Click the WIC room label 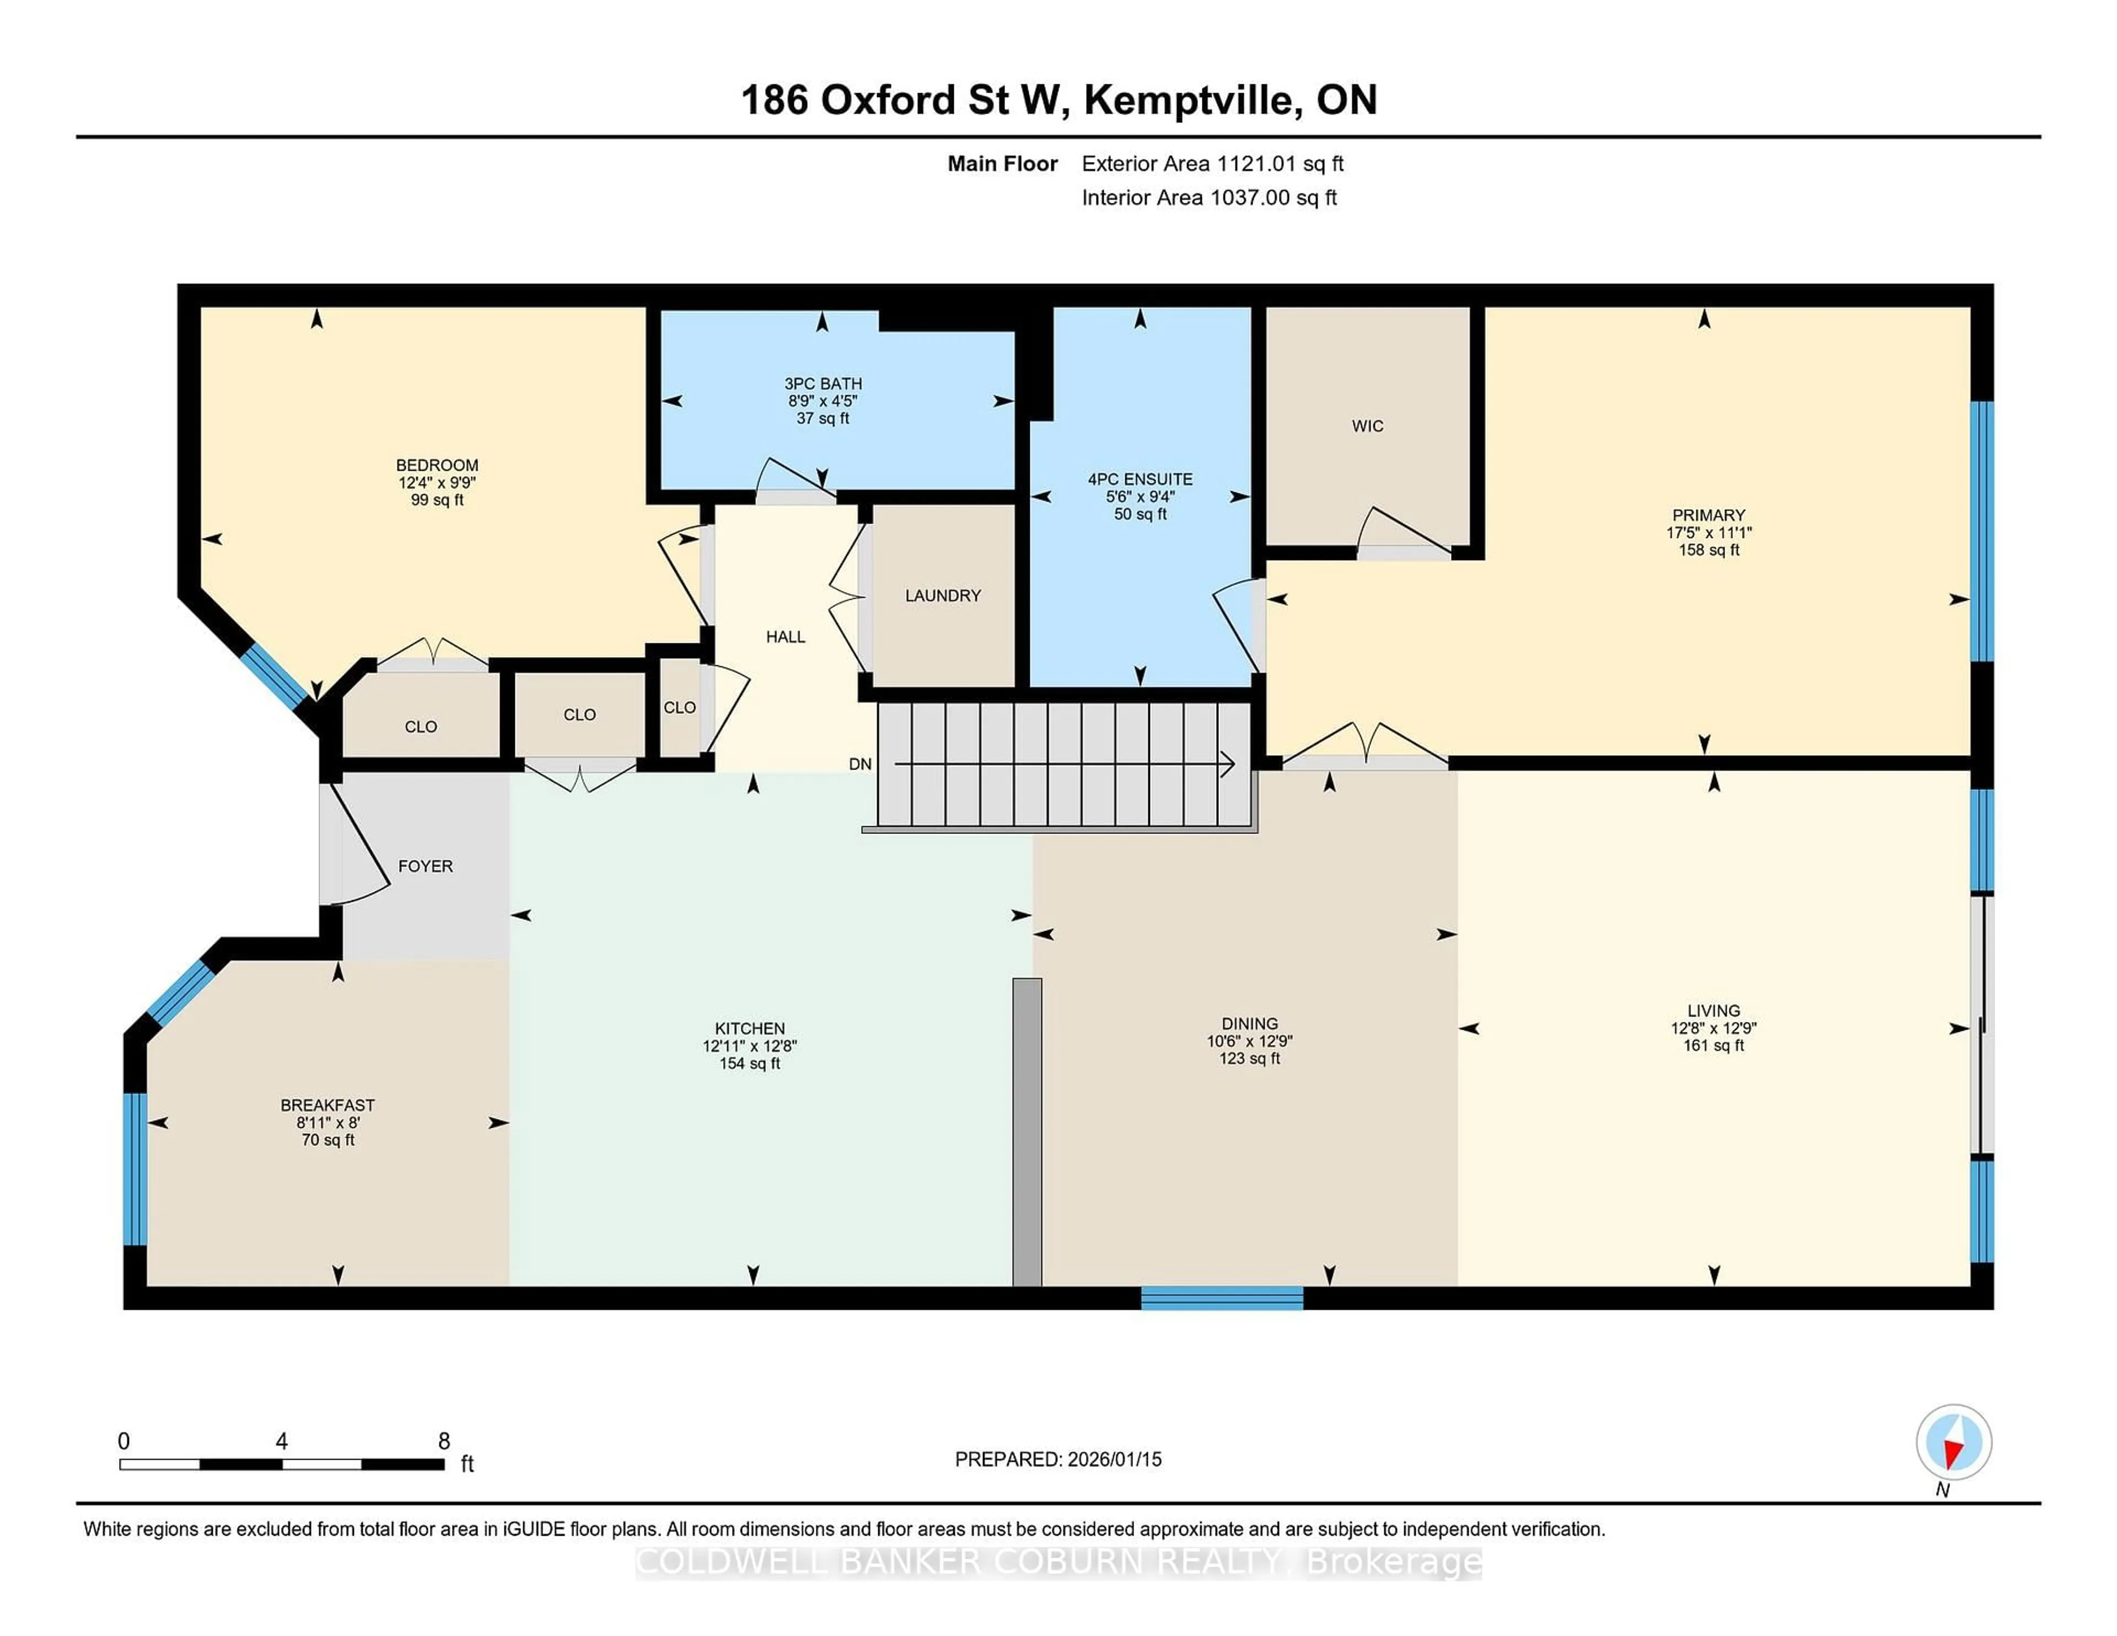pyautogui.click(x=1367, y=426)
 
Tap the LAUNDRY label pyautogui.click(x=942, y=595)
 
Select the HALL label pyautogui.click(x=785, y=637)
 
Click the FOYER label pyautogui.click(x=425, y=865)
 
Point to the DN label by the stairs pyautogui.click(x=860, y=764)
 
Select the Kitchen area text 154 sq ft pyautogui.click(x=749, y=1063)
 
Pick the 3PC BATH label pyautogui.click(x=823, y=384)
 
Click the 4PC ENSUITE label pyautogui.click(x=1140, y=479)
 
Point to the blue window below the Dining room pyautogui.click(x=1221, y=1298)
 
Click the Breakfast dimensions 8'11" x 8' pyautogui.click(x=327, y=1122)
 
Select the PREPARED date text pyautogui.click(x=1057, y=1459)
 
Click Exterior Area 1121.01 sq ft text pyautogui.click(x=1212, y=164)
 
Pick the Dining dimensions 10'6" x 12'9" pyautogui.click(x=1249, y=1041)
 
